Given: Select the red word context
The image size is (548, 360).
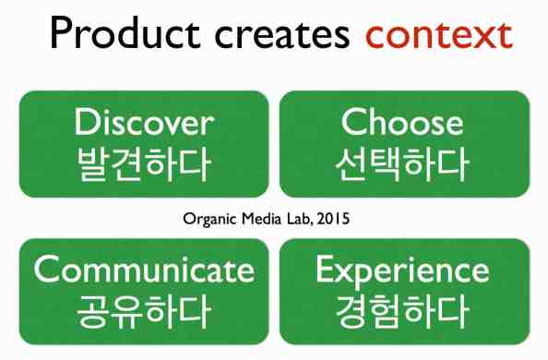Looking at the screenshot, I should [437, 36].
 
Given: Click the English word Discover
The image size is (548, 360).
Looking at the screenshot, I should [144, 123].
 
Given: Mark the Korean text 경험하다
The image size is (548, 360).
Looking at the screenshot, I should [403, 311].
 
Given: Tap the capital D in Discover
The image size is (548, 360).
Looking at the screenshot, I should [85, 122].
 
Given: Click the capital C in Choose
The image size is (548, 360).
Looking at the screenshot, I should [353, 123].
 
